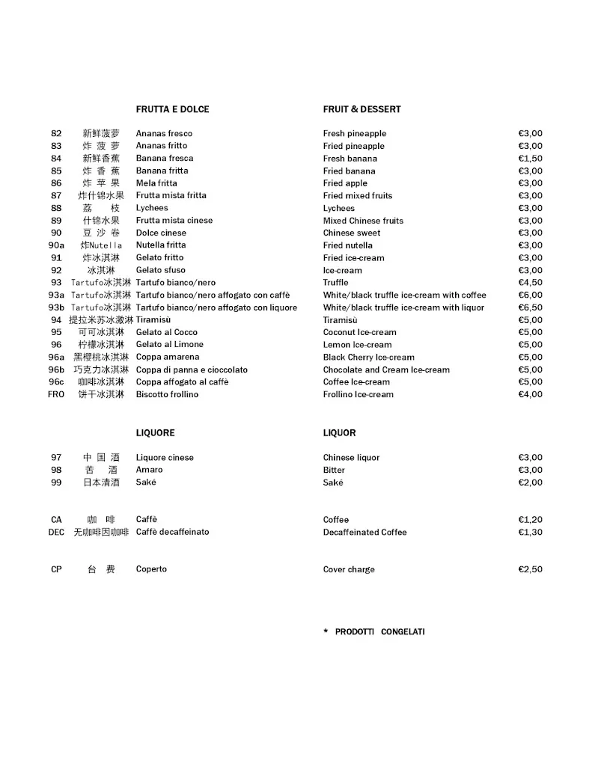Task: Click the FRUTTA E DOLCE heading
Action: click(172, 109)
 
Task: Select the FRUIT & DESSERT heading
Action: click(361, 109)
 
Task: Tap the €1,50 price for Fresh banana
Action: click(530, 159)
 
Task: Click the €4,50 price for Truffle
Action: click(530, 283)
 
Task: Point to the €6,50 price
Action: click(530, 307)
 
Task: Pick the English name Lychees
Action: click(339, 208)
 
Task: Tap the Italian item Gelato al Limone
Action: click(169, 345)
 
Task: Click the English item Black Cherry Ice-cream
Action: click(368, 358)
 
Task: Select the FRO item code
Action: click(56, 394)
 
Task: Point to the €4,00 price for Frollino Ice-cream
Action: click(530, 394)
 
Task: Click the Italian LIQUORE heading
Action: click(155, 433)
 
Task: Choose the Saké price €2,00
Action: click(530, 482)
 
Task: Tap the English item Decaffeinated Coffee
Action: click(364, 532)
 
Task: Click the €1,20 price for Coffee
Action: click(530, 520)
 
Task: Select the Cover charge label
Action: click(349, 569)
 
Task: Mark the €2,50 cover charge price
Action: click(530, 569)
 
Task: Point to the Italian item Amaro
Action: click(149, 470)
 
